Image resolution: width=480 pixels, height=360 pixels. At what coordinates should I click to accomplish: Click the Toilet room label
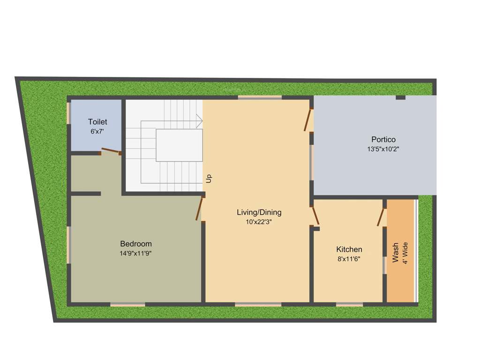click(97, 122)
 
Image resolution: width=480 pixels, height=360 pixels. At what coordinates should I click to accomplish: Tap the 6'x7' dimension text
click(97, 132)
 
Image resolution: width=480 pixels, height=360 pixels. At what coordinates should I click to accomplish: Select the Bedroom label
click(136, 244)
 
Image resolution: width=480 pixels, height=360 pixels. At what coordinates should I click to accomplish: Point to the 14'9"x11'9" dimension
click(135, 253)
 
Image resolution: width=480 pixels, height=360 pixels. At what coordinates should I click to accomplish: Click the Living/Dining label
click(259, 212)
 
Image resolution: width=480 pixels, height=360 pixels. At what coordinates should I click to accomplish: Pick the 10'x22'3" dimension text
click(259, 222)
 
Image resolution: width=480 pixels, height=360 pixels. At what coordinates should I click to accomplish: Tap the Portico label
click(383, 139)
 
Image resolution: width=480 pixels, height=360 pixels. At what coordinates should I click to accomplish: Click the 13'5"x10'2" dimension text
click(383, 149)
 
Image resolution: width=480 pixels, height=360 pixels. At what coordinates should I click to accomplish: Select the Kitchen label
click(349, 249)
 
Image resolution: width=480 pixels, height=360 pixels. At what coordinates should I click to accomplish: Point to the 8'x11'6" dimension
click(349, 259)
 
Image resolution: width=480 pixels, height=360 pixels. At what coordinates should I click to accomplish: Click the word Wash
click(396, 253)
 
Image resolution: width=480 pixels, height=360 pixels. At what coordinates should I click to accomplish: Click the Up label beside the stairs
click(209, 178)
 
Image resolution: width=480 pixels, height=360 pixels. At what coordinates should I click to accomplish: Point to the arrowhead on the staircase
click(199, 121)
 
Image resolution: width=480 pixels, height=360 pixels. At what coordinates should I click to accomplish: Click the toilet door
click(111, 151)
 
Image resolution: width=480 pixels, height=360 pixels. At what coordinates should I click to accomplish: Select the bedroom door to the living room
click(200, 208)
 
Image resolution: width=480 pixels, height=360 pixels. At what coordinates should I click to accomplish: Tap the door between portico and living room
click(308, 120)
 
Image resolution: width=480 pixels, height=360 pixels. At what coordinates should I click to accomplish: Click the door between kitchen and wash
click(381, 217)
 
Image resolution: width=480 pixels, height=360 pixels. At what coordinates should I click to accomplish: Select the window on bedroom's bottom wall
click(127, 304)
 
